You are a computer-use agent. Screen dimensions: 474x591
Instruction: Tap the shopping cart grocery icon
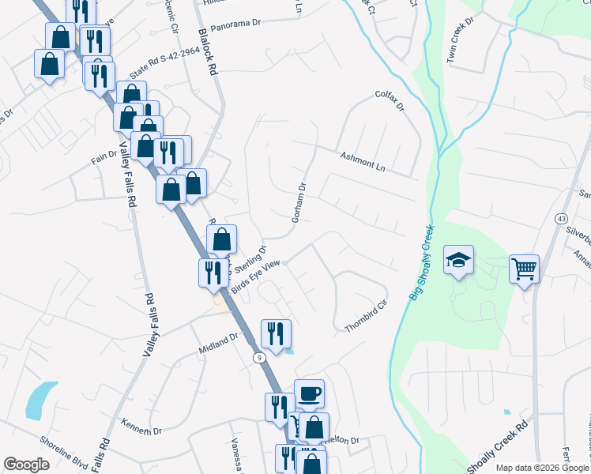click(x=524, y=269)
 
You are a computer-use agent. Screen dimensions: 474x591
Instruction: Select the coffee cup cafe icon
click(x=309, y=393)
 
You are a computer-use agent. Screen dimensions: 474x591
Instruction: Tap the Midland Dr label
click(x=219, y=339)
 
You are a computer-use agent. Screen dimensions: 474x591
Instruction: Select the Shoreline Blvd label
click(x=71, y=457)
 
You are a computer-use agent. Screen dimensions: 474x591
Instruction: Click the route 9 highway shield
click(x=259, y=358)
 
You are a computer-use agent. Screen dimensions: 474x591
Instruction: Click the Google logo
click(x=26, y=465)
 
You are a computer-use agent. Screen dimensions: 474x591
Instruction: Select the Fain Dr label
click(x=104, y=157)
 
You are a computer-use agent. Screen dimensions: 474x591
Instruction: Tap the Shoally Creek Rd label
click(x=496, y=450)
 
